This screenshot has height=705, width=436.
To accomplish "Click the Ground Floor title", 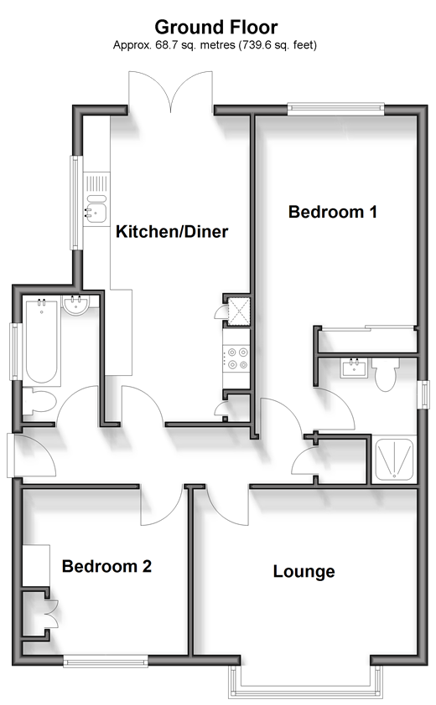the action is (216, 28).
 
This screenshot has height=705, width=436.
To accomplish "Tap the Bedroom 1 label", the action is (332, 212).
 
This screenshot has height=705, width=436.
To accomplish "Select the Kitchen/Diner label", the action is (172, 232).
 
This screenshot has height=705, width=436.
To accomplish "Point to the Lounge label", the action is (304, 572).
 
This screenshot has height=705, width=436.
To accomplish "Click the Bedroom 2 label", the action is (106, 566).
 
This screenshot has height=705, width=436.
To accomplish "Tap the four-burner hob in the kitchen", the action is (237, 358).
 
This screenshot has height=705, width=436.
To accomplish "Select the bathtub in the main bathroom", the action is (41, 342).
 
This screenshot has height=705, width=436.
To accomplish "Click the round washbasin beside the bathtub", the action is (75, 305).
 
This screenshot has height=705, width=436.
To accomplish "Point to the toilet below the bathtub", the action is (39, 402).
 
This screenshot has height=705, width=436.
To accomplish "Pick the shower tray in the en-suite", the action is (394, 459).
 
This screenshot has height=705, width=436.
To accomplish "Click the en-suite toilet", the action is (385, 374).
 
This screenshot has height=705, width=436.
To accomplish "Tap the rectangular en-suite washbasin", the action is (354, 368).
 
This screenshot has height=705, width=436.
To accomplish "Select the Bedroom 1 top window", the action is (336, 108).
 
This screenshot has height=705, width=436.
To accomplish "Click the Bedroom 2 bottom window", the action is (106, 661).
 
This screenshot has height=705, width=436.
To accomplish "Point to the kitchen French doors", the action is (171, 92).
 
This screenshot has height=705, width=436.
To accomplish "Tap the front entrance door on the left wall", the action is (32, 455).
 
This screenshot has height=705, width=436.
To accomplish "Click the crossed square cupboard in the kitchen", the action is (239, 311).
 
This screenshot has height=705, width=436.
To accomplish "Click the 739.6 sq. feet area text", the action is (278, 45).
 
